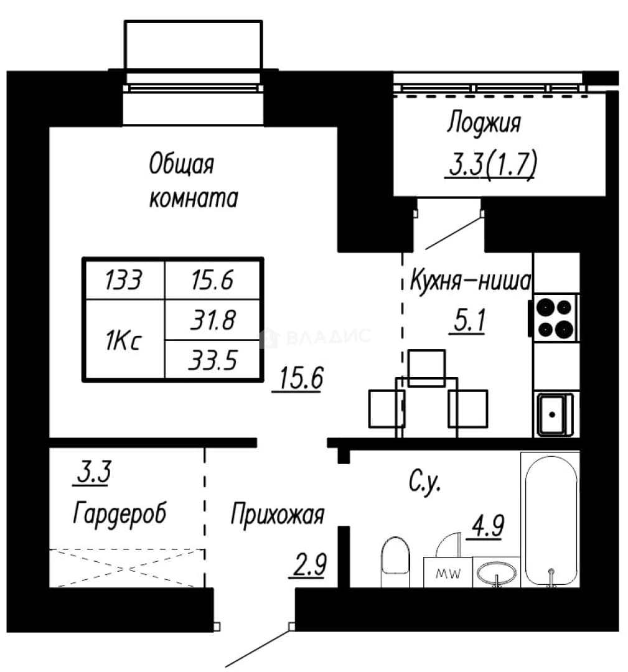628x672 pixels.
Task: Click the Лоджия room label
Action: coord(484,123)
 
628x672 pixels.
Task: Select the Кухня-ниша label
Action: coord(471,281)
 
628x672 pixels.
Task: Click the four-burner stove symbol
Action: coord(555,317)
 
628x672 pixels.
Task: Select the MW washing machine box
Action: coord(448,572)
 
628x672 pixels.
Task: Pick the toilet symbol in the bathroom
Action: coord(395,561)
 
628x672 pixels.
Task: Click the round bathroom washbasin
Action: coord(497,572)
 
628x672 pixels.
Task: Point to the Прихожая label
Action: coord(278,514)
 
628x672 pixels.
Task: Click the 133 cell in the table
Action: coord(123,280)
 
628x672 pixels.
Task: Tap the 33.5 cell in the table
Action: coord(213,360)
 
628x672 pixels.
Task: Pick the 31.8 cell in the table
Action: coord(213,320)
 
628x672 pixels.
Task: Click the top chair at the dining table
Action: coord(426,368)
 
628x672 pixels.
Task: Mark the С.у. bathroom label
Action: coord(424,483)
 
